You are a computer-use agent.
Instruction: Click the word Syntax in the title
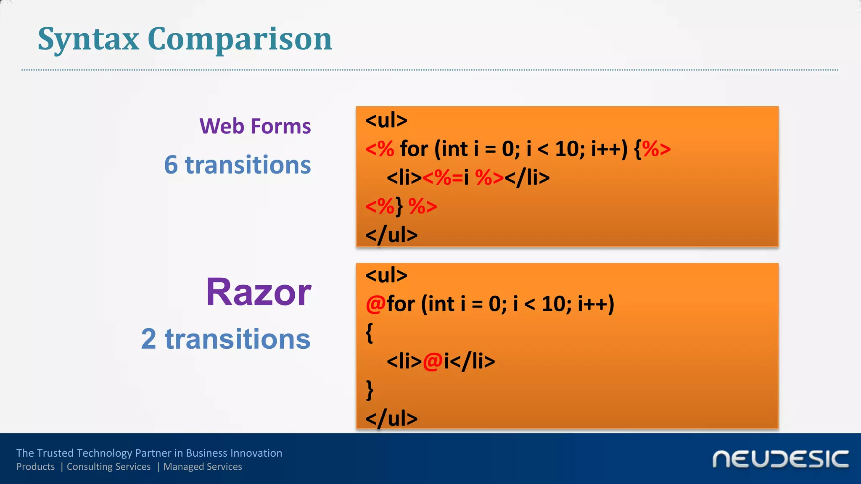pos(88,39)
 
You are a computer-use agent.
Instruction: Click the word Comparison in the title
pos(240,39)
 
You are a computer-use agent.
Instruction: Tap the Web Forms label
pos(255,126)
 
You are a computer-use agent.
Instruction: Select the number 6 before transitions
pos(171,165)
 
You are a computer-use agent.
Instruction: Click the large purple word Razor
pos(258,292)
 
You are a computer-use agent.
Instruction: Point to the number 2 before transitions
pos(149,339)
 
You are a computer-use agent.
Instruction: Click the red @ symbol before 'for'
pos(375,304)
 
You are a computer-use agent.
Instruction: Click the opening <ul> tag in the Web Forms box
pos(386,121)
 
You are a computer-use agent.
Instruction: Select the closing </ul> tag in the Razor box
pos(391,418)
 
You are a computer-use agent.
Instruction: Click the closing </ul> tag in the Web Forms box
pos(391,235)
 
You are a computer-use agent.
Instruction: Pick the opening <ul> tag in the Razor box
pos(386,276)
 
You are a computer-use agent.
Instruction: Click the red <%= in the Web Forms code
pos(443,178)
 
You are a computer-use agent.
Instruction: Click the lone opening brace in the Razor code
pos(370,333)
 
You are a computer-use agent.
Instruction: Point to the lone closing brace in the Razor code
pos(370,390)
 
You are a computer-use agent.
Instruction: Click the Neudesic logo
pos(780,459)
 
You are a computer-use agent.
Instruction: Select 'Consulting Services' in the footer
pos(108,467)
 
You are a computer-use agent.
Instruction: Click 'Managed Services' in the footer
pos(203,467)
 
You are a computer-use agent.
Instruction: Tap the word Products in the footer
pos(36,467)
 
